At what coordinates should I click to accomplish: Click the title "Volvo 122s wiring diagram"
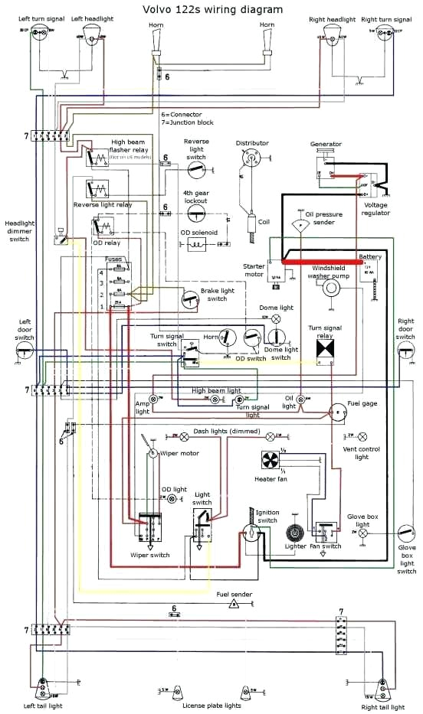coord(212,9)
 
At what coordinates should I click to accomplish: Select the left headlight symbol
coord(89,33)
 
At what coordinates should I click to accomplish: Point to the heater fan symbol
coord(270,460)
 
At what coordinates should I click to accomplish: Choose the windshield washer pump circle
coord(331,289)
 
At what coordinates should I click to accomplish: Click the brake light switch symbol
coord(190,299)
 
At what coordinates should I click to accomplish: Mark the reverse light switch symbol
coord(197,168)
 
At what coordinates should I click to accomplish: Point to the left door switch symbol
coord(26,350)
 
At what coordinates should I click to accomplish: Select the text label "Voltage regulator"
coord(376,209)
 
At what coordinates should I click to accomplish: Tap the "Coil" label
coord(263,221)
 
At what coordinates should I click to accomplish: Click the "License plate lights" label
coord(211,705)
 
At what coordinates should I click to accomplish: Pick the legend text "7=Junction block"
coord(187,122)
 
